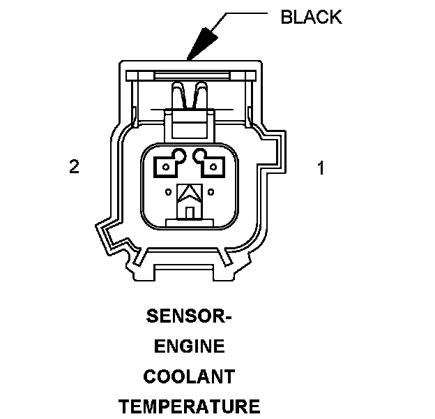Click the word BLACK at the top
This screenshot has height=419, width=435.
coord(311,17)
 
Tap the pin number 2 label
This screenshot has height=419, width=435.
coord(74,167)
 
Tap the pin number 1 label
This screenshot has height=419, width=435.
coord(321,168)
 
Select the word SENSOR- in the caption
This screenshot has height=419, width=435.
coord(188,317)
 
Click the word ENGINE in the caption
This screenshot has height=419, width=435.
coord(189,346)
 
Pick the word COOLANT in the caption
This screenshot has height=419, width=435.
coord(189,376)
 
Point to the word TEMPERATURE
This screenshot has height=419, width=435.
coord(189,406)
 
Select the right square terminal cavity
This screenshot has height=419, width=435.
coord(213,166)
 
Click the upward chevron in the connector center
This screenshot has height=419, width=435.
coord(190,192)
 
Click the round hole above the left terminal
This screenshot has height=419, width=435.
coord(179,156)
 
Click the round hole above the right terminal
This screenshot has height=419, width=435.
coord(201,156)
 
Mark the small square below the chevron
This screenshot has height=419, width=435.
coord(190,210)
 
